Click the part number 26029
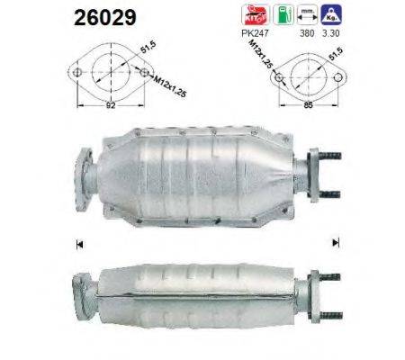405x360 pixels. click(105, 17)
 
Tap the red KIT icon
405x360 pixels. click(256, 14)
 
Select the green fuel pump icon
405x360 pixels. click(283, 14)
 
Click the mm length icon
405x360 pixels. click(307, 14)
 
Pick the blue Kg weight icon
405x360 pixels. click(331, 14)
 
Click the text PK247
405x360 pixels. click(255, 33)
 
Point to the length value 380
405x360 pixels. click(307, 33)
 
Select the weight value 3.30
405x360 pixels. click(331, 33)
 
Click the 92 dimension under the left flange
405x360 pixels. click(111, 105)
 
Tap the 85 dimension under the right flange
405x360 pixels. click(308, 104)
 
